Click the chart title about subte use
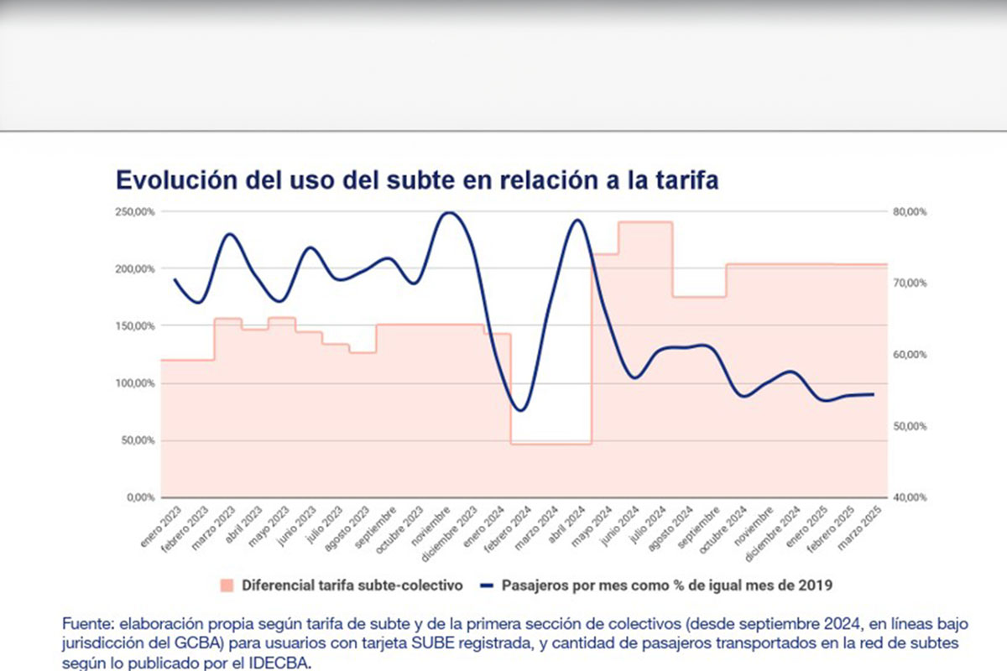tap(416, 180)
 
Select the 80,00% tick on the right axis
tap(910, 211)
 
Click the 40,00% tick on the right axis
tap(910, 497)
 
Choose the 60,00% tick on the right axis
tap(910, 355)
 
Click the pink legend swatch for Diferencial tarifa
tap(227, 585)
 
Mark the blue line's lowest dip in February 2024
tap(521, 410)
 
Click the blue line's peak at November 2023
tap(450, 212)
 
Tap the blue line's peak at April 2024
tap(578, 220)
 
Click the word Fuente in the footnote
tap(87, 624)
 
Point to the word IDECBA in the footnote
tap(290, 663)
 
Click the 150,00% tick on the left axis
tap(135, 325)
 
